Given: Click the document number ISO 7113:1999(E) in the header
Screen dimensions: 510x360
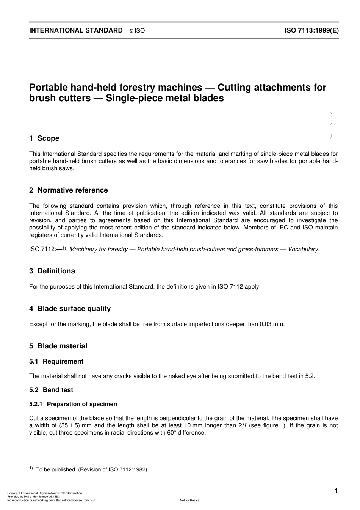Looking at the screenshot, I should coord(311,30).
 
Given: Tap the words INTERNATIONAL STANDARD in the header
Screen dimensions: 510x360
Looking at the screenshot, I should coord(76,30).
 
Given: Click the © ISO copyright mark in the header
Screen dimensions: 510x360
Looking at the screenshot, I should coord(137,31).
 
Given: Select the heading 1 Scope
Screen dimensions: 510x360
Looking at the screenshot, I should coord(44,138).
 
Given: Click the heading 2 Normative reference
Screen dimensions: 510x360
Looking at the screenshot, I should coord(69,190).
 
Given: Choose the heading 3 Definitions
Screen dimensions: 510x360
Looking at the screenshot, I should coord(52,271).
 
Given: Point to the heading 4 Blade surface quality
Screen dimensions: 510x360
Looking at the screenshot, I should coord(70,309).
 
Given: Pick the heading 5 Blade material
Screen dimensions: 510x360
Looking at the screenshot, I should coord(58,346).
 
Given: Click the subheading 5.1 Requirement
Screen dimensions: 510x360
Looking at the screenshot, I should coord(56,362).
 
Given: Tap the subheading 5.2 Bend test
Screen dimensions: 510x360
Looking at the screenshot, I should coord(51,390).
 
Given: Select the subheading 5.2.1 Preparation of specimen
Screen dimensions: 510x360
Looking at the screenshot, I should coord(73,404).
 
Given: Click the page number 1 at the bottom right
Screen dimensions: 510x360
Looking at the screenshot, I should coord(336,491).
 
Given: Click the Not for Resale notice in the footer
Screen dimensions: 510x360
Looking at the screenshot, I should coord(189,500).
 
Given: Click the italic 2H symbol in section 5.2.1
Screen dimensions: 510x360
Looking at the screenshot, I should coord(242,425).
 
